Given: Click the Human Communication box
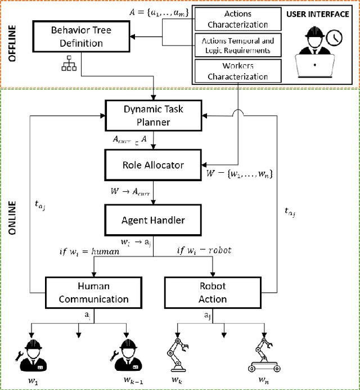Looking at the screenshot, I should pos(94,292).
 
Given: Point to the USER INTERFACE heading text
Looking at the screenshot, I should pos(318,14).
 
